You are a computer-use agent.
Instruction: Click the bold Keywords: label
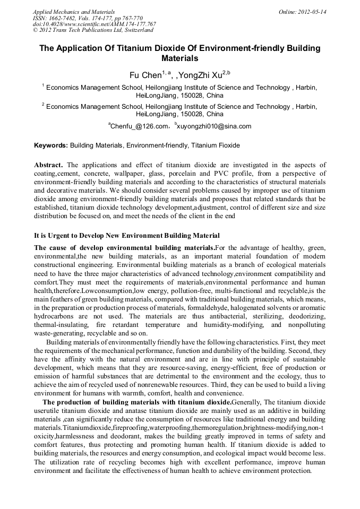[51, 145]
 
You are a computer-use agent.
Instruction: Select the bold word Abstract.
[49, 165]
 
